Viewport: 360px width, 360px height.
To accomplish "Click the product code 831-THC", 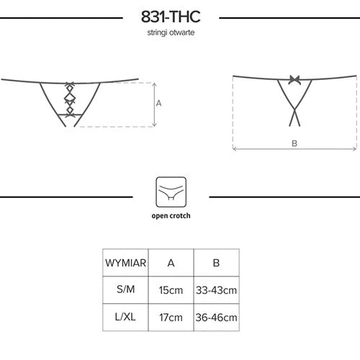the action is click(171, 17).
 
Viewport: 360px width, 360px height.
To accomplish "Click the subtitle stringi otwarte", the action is click(171, 32).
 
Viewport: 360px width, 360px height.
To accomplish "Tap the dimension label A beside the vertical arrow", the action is click(158, 103).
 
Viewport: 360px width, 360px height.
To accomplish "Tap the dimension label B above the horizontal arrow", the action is click(294, 143).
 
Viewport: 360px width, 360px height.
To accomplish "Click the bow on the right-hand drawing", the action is click(294, 79).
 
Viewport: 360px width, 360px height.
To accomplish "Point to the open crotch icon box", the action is click(171, 192).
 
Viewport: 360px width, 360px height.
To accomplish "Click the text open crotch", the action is click(171, 216).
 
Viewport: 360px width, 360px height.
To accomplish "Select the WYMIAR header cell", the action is click(125, 263).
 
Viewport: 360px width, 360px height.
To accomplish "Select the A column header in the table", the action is click(171, 263).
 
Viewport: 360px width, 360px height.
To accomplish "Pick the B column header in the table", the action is click(216, 263).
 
